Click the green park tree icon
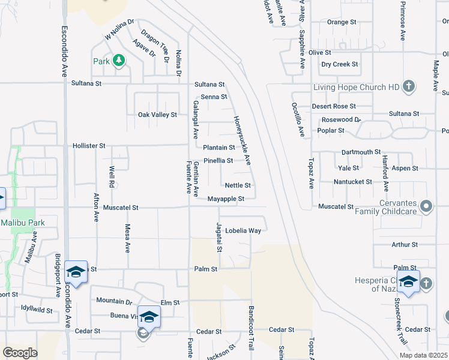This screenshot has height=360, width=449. (119, 60)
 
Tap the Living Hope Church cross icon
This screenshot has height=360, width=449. (408, 86)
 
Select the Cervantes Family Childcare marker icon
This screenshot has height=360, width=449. (426, 207)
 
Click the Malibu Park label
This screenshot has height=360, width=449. (23, 223)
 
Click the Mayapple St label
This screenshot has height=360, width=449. (226, 199)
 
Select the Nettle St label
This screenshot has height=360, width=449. (238, 185)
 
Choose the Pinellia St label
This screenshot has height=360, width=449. (218, 161)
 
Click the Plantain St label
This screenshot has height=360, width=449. (218, 148)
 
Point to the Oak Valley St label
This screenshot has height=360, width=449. (157, 115)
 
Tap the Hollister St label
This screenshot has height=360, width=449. (89, 145)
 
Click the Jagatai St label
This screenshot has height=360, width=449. (220, 237)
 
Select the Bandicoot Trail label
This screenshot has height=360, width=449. (252, 329)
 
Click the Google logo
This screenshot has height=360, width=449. (20, 353)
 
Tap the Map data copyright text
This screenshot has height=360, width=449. (423, 355)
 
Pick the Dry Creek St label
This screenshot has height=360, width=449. (340, 64)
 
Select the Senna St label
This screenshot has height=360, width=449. (214, 97)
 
